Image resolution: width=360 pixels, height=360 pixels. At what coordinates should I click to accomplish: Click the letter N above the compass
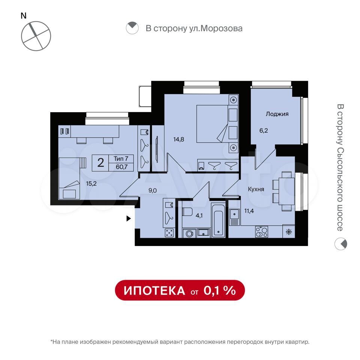pyautogui.click(x=24, y=16)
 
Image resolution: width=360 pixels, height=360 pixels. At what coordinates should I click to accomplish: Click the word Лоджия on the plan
pyautogui.click(x=277, y=114)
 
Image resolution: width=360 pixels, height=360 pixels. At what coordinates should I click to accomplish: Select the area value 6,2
pyautogui.click(x=264, y=130)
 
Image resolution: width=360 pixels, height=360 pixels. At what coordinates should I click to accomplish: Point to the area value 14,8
pyautogui.click(x=178, y=139)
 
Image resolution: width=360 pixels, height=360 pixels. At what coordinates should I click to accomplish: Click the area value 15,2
pyautogui.click(x=91, y=183)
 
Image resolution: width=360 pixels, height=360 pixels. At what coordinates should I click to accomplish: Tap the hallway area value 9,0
pyautogui.click(x=153, y=190)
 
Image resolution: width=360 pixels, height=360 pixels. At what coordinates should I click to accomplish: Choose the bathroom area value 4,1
pyautogui.click(x=199, y=216)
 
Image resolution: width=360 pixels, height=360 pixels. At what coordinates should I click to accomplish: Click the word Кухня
pyautogui.click(x=256, y=189)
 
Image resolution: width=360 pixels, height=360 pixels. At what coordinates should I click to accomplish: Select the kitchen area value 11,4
pyautogui.click(x=249, y=211)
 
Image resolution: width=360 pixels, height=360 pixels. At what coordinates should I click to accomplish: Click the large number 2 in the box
pyautogui.click(x=101, y=163)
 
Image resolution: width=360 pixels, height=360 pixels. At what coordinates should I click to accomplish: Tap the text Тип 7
pyautogui.click(x=121, y=159)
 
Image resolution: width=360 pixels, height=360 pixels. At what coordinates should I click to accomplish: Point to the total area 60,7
pyautogui.click(x=121, y=167)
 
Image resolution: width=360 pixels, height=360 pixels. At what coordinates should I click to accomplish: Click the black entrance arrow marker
pyautogui.click(x=129, y=219)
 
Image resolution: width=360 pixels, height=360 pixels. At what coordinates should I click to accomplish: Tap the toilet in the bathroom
pyautogui.click(x=187, y=212)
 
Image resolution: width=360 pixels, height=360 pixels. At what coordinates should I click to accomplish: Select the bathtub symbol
pyautogui.click(x=218, y=220)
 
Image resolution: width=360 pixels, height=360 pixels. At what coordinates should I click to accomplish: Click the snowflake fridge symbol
pyautogui.click(x=289, y=232)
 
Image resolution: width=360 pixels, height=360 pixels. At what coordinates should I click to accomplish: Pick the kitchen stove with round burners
pyautogui.click(x=261, y=232)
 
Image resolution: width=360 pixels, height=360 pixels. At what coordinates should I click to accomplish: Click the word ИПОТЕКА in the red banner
pyautogui.click(x=154, y=291)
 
